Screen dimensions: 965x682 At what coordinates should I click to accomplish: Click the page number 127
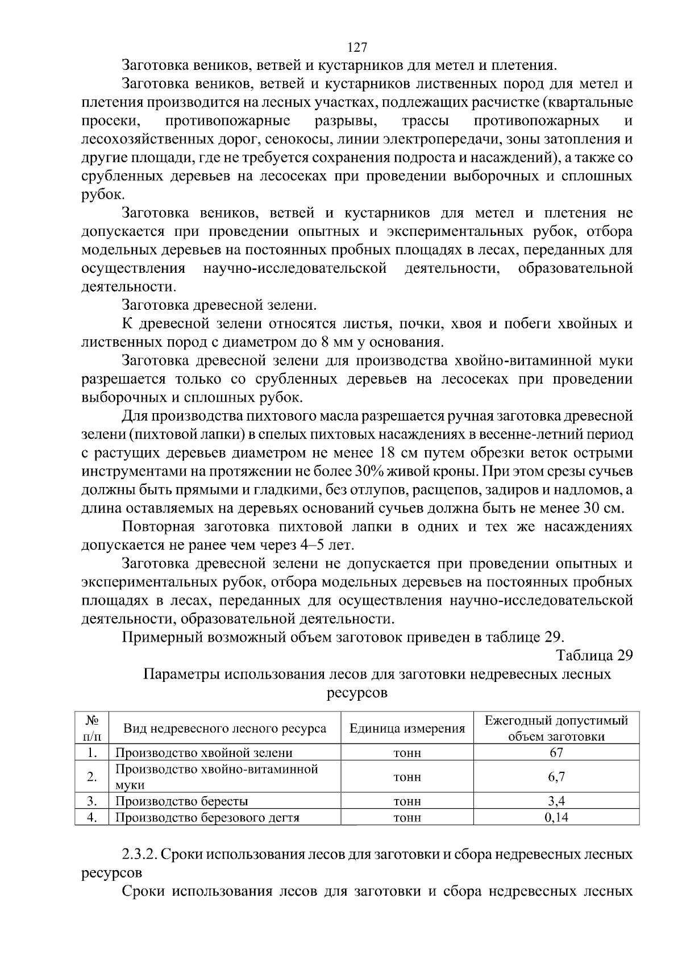coord(357,47)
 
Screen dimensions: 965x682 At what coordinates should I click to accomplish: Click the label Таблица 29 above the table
coord(594,655)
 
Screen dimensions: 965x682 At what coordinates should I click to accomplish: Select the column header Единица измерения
coord(407,729)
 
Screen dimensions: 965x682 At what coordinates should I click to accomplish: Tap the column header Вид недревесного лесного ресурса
coord(225,729)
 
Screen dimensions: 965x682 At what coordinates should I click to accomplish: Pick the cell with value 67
coord(556,752)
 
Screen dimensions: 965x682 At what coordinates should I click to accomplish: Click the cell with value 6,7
coord(556,777)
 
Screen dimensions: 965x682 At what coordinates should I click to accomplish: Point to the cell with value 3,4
coord(556,801)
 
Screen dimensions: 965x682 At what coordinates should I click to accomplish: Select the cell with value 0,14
coord(556,818)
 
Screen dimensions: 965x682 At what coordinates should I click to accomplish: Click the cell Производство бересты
coord(182,801)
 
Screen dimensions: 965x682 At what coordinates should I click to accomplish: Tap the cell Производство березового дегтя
coord(207,818)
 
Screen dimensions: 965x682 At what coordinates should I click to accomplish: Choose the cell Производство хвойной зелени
coord(204,752)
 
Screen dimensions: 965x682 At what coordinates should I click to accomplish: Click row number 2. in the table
coord(92,777)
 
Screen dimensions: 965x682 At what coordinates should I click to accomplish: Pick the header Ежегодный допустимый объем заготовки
coord(556,729)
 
